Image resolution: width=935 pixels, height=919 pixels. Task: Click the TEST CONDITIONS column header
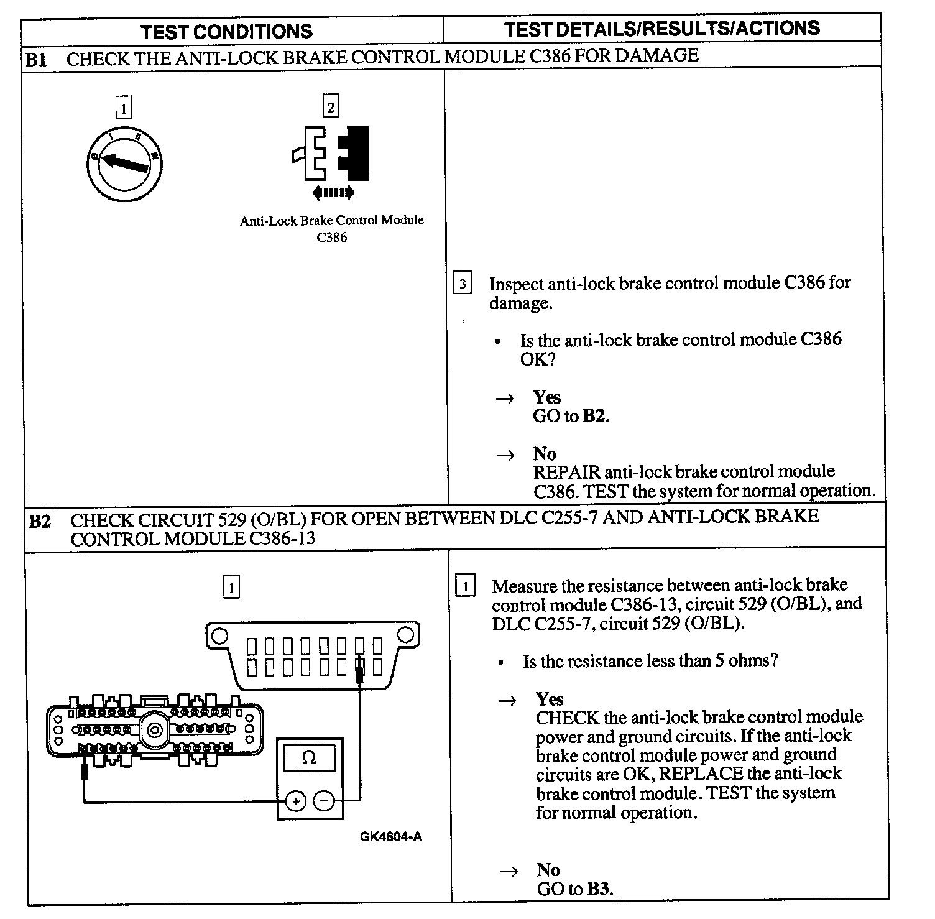pyautogui.click(x=226, y=31)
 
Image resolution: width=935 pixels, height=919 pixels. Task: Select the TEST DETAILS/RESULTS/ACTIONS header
pyautogui.click(x=661, y=29)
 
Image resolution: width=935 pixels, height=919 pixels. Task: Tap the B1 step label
pyautogui.click(x=37, y=60)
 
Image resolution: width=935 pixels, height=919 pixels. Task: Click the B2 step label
pyautogui.click(x=40, y=521)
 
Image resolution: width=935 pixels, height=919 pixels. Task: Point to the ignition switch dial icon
pyautogui.click(x=124, y=163)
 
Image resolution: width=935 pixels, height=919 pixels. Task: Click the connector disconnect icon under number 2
pyautogui.click(x=331, y=153)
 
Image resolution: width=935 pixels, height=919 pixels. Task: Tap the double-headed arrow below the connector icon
pyautogui.click(x=333, y=192)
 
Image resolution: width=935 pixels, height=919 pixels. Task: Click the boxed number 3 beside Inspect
pyautogui.click(x=462, y=285)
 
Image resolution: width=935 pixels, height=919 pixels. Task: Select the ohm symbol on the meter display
pyautogui.click(x=309, y=758)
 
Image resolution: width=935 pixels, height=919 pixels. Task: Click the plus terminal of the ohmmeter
pyautogui.click(x=297, y=801)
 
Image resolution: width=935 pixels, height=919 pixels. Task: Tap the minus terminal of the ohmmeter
pyautogui.click(x=324, y=801)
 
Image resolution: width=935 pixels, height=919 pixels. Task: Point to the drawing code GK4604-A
pyautogui.click(x=390, y=836)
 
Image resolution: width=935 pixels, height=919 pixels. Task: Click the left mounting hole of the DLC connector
pyautogui.click(x=218, y=636)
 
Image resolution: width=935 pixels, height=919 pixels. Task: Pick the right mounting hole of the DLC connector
pyautogui.click(x=405, y=635)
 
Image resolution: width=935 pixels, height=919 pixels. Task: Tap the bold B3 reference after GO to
pyautogui.click(x=598, y=889)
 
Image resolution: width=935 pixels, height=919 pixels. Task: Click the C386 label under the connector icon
pyautogui.click(x=331, y=237)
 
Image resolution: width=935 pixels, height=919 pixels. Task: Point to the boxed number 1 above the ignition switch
pyautogui.click(x=124, y=109)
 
